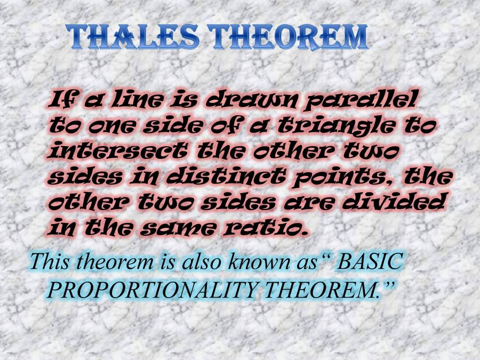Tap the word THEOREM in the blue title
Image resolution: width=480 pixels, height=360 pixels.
coord(289,37)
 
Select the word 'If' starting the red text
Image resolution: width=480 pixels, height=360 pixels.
coord(62,100)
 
